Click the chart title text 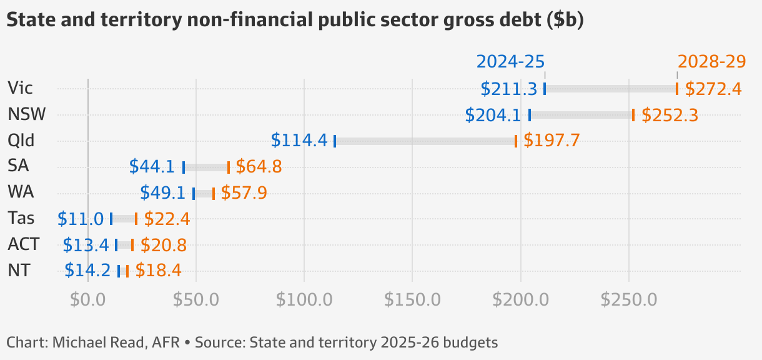tap(295, 21)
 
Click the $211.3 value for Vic tap(509, 89)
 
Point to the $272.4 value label tap(713, 89)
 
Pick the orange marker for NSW tap(633, 115)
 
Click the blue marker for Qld tap(335, 141)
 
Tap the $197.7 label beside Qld tap(552, 141)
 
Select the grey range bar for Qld tap(425, 141)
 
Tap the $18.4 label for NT tap(158, 271)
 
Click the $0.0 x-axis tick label tap(87, 299)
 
